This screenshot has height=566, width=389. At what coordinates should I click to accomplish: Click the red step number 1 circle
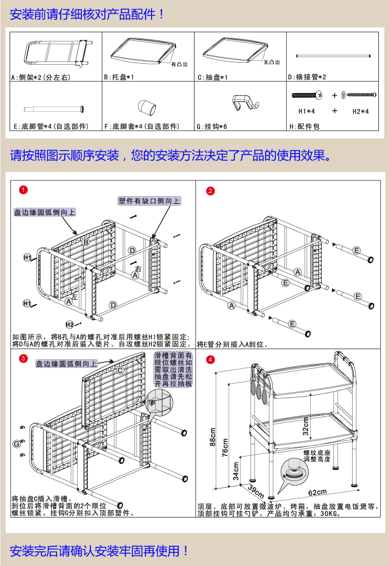[x=22, y=190]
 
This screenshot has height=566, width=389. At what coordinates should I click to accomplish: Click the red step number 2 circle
[x=211, y=191]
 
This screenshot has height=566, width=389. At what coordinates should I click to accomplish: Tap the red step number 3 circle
[x=22, y=359]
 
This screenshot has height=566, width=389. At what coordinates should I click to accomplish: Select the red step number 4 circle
[x=211, y=360]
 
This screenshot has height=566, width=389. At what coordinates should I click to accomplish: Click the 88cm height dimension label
[x=213, y=437]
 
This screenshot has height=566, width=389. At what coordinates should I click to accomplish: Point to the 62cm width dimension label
[x=317, y=492]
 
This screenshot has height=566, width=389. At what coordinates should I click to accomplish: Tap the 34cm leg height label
[x=236, y=470]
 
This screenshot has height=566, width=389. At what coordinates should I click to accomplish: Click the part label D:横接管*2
[x=307, y=77]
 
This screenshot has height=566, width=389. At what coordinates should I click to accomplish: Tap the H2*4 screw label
[x=361, y=111]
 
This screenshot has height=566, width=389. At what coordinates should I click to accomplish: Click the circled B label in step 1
[x=86, y=242]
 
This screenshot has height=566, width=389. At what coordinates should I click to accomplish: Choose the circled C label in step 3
[x=120, y=370]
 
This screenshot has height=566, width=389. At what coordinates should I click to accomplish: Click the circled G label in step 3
[x=17, y=444]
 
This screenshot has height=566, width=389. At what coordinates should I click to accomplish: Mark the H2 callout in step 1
[x=70, y=324]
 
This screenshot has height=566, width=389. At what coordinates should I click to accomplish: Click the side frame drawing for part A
[x=56, y=53]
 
